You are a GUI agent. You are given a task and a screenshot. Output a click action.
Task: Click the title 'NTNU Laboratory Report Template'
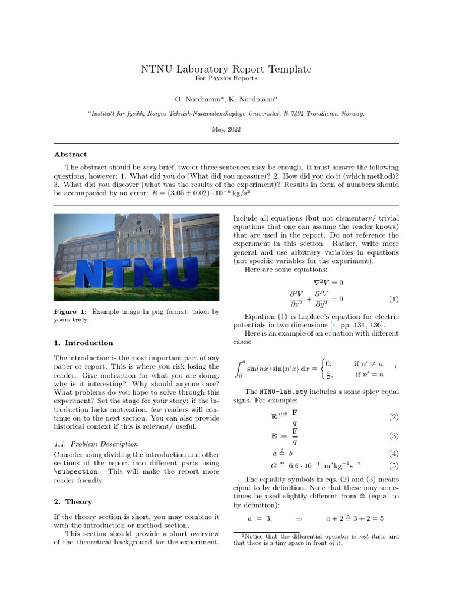[x=226, y=69]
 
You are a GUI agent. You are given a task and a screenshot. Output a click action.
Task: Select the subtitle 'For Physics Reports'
[x=226, y=78]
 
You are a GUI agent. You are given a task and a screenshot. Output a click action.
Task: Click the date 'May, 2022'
[x=226, y=129]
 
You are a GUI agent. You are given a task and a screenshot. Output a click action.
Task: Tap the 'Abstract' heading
[x=70, y=154]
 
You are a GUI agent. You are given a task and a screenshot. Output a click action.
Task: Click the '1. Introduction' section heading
[x=83, y=343]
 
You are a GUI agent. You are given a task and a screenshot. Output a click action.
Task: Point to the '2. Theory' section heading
[x=73, y=502]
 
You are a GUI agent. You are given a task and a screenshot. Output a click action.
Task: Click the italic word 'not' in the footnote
[x=362, y=536]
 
